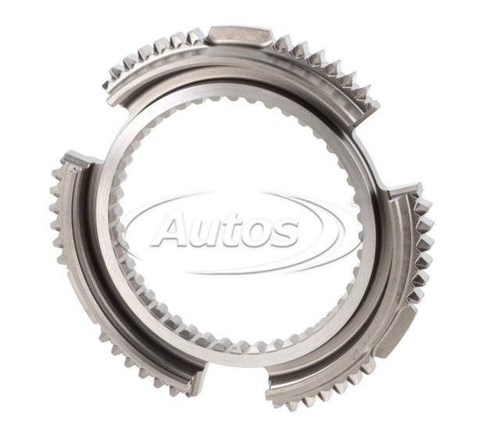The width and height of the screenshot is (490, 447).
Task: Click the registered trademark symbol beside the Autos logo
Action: [352, 204]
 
